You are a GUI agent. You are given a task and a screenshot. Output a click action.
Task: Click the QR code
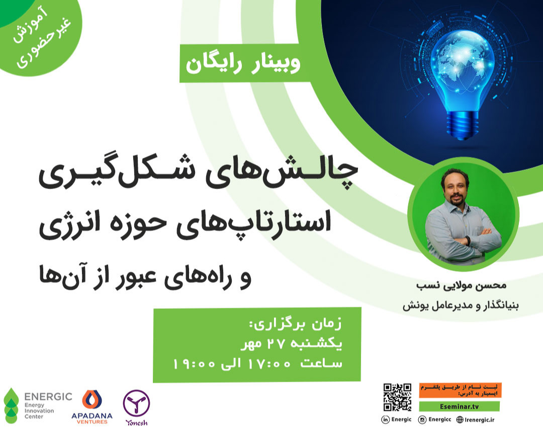397,397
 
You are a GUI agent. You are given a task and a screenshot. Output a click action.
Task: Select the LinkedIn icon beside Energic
386,419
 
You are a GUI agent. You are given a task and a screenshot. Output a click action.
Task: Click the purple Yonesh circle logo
136,402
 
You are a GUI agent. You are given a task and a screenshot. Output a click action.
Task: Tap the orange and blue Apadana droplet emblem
92,399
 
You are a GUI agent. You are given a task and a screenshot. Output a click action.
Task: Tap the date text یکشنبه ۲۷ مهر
296,346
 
